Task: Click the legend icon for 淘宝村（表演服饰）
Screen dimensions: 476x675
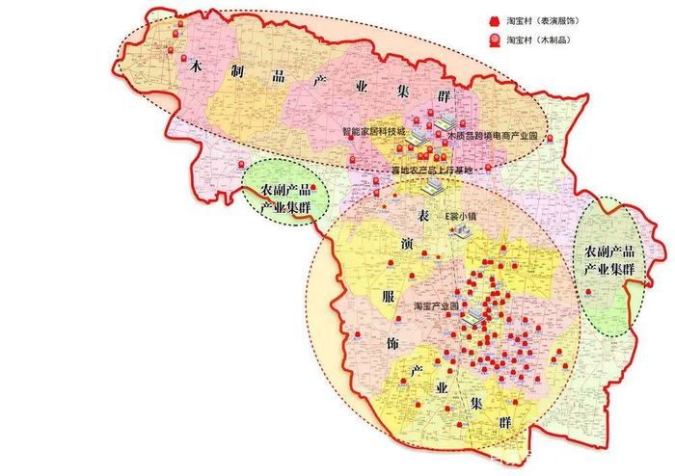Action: (495, 19)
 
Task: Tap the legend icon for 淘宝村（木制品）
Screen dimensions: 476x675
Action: (495, 40)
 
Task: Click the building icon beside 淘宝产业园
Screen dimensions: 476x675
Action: (472, 317)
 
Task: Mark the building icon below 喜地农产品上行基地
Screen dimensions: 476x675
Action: (434, 183)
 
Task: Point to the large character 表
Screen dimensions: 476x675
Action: (421, 210)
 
